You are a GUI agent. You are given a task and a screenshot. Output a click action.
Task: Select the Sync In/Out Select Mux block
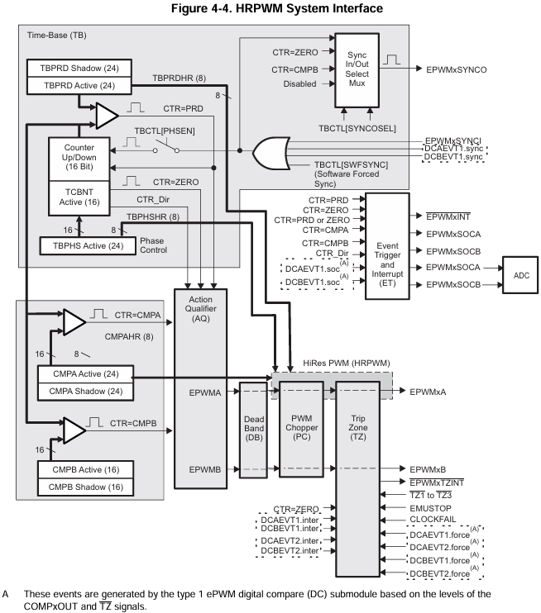point(356,69)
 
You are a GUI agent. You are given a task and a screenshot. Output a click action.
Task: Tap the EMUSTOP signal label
point(430,508)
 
